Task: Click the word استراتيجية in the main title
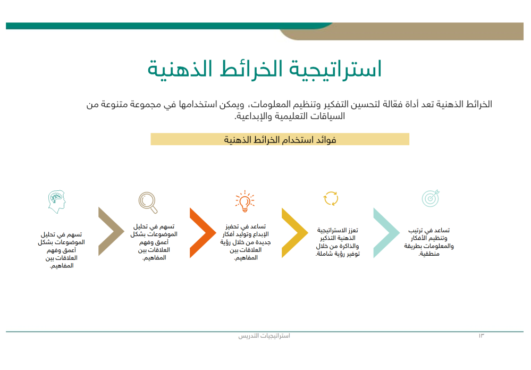point(335,70)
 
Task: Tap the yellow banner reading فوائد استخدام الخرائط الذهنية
point(280,139)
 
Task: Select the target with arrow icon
point(431,198)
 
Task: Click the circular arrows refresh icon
point(331,198)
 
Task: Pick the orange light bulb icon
point(245,201)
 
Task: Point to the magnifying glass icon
point(148,202)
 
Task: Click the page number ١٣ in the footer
point(481,337)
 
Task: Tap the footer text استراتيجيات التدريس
point(264,337)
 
